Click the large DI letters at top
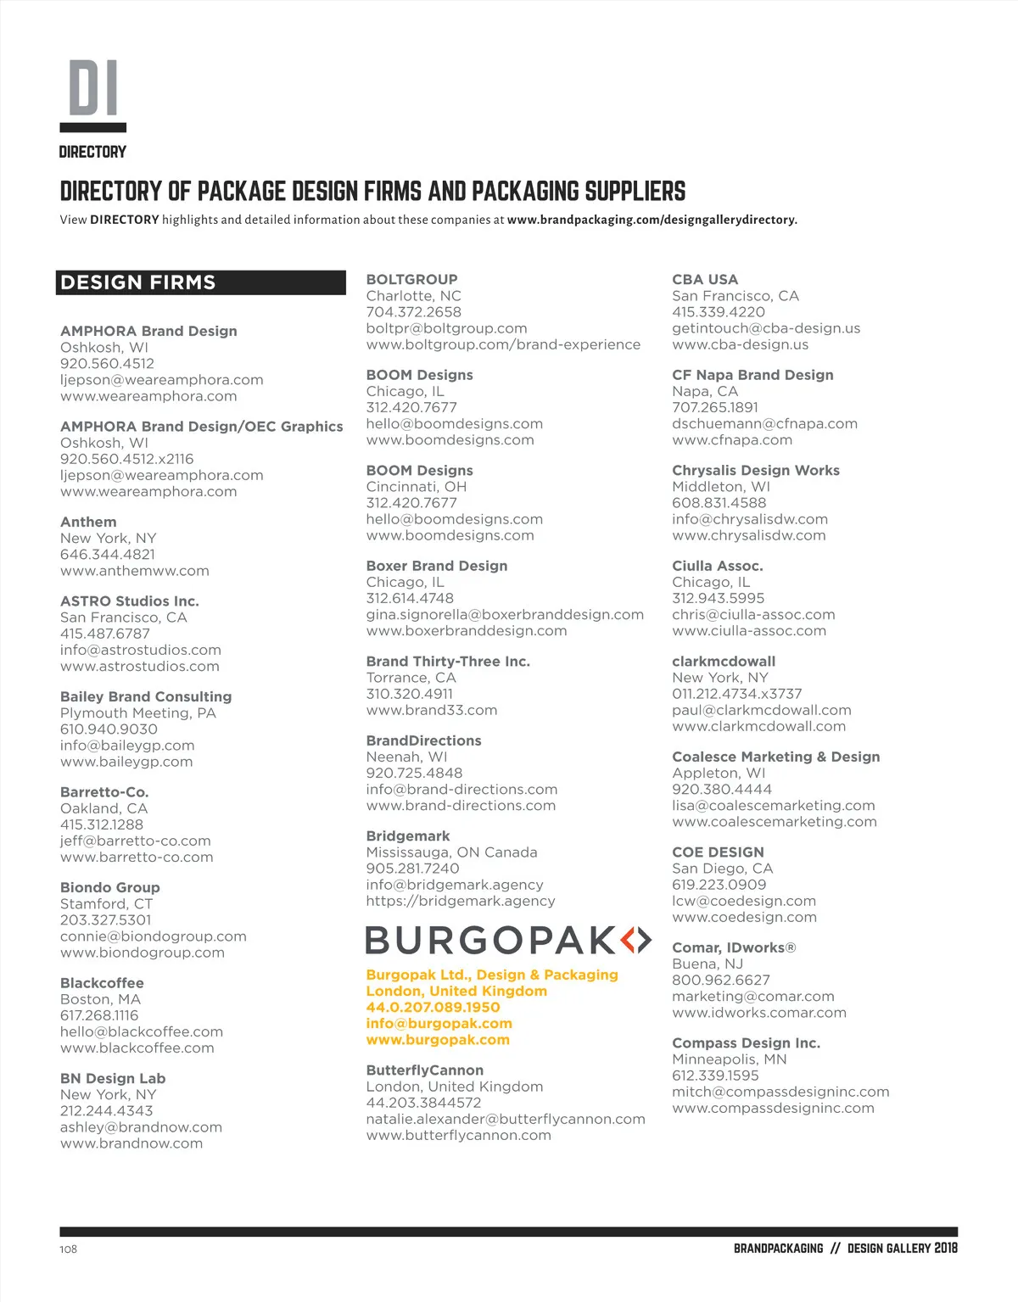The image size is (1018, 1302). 93,87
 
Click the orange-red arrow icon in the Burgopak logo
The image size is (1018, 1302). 635,940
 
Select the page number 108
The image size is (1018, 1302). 69,1249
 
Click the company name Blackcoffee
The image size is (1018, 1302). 102,983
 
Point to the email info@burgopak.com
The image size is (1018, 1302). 439,1024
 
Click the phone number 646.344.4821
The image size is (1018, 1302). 108,555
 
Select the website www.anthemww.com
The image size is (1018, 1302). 134,571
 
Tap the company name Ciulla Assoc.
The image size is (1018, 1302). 717,566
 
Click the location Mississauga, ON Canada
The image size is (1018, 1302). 451,852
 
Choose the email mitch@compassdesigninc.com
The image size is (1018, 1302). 780,1092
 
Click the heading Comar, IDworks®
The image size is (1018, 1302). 734,947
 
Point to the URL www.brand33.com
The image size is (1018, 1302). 432,710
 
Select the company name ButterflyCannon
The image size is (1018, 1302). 424,1070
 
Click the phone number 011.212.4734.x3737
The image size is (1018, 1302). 736,694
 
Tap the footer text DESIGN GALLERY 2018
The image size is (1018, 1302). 902,1249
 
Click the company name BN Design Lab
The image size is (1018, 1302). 113,1078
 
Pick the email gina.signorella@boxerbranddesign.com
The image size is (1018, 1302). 505,614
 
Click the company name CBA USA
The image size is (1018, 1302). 705,279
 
